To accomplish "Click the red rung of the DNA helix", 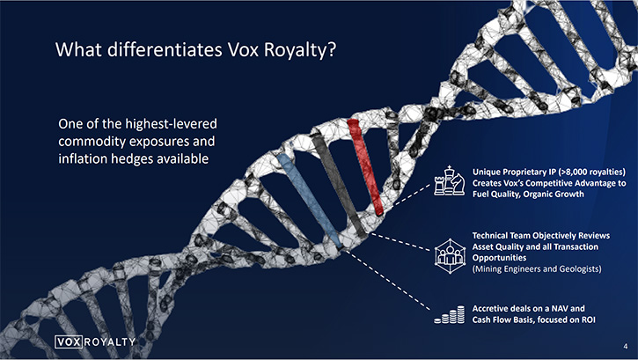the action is pyautogui.click(x=365, y=166).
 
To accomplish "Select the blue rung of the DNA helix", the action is pyautogui.click(x=309, y=201).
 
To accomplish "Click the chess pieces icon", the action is pyautogui.click(x=449, y=180).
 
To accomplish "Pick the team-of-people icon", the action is pyautogui.click(x=450, y=256).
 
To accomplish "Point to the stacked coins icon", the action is pyautogui.click(x=449, y=314).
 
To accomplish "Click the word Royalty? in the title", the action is pyautogui.click(x=300, y=49).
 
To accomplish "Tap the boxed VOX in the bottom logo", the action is pyautogui.click(x=70, y=342).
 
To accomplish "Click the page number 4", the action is pyautogui.click(x=626, y=347).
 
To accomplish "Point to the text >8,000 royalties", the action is pyautogui.click(x=592, y=172).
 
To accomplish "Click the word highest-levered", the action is pyautogui.click(x=171, y=123).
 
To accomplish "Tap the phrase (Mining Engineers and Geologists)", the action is pyautogui.click(x=537, y=268).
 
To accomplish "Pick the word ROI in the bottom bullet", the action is pyautogui.click(x=588, y=320).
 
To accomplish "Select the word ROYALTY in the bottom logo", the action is pyautogui.click(x=110, y=342).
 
